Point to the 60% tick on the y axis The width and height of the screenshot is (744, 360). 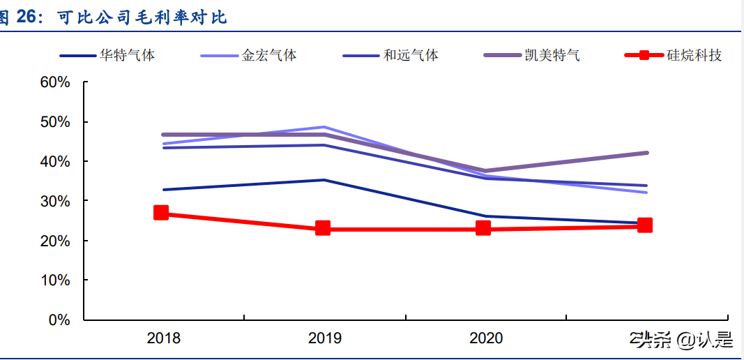[x=55, y=82]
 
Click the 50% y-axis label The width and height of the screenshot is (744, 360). [x=55, y=122]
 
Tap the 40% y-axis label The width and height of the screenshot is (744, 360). [x=55, y=161]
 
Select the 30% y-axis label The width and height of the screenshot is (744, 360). [x=55, y=201]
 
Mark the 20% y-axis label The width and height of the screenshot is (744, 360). [x=55, y=241]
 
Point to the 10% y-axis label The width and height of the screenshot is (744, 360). [x=55, y=280]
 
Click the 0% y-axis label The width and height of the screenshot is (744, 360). [x=59, y=320]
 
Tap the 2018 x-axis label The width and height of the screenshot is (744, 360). [x=163, y=338]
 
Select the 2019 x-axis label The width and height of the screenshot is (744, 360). [x=324, y=338]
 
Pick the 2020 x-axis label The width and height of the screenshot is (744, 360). [x=486, y=338]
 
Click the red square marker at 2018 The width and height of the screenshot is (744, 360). [x=161, y=213]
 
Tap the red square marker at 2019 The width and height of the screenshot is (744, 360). [x=323, y=228]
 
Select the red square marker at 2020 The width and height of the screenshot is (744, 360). [x=483, y=228]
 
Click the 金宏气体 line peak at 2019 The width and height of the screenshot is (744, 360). [x=324, y=128]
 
